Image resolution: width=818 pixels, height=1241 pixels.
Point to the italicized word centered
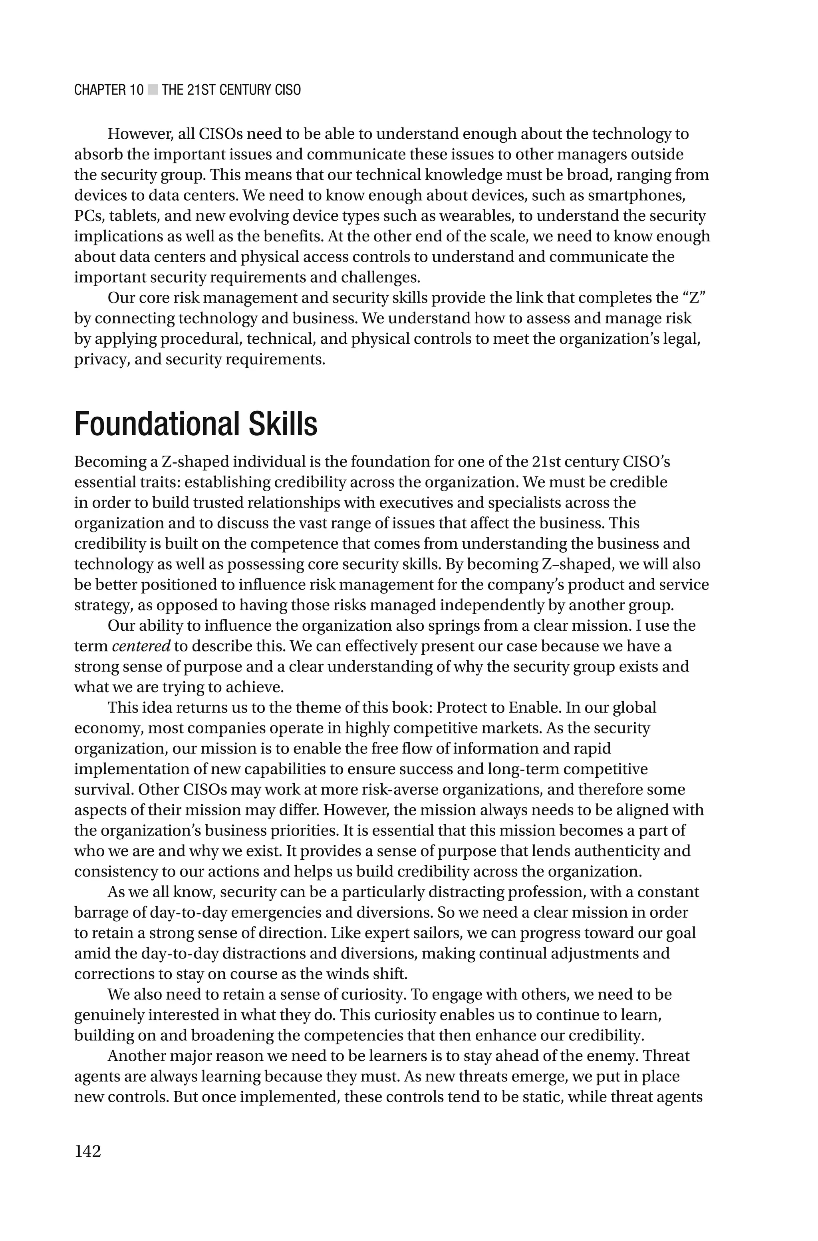(x=141, y=646)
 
